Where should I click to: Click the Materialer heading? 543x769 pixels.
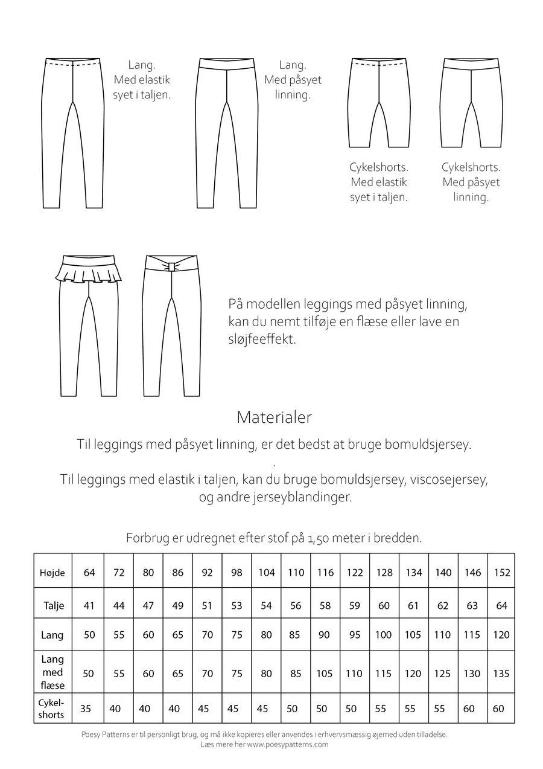(x=274, y=417)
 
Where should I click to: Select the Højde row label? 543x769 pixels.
(x=52, y=573)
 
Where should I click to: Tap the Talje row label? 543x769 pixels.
(x=54, y=605)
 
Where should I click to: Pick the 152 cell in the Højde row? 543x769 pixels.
(x=502, y=573)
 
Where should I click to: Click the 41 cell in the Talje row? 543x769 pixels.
(x=89, y=605)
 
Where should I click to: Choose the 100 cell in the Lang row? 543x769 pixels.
(x=384, y=635)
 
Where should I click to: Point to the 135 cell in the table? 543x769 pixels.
(x=502, y=674)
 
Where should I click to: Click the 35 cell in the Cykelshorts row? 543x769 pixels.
(x=86, y=709)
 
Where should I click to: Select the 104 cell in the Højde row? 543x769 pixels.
(x=266, y=573)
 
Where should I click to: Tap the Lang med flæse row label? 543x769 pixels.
(x=52, y=672)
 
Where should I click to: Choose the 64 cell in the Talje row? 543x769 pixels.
(x=502, y=605)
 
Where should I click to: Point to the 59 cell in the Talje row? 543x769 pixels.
(x=354, y=605)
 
